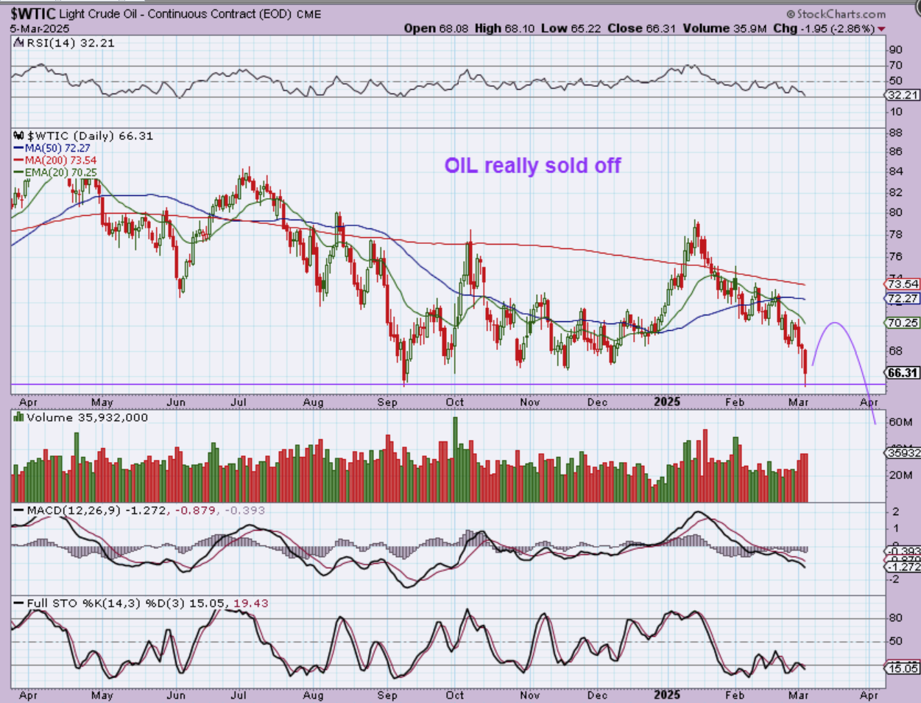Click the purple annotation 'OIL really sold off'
coord(532,166)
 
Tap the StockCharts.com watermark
coord(836,14)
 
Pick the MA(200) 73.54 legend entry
coord(60,160)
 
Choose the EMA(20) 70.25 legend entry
coord(60,172)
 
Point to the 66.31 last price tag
coord(903,373)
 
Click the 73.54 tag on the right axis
coord(903,284)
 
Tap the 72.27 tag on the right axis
coord(903,298)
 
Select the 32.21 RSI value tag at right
coord(903,95)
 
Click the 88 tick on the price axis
coord(895,133)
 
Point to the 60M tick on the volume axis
coord(900,422)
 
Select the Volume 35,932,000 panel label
coord(87,418)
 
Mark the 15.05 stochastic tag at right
coord(903,668)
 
